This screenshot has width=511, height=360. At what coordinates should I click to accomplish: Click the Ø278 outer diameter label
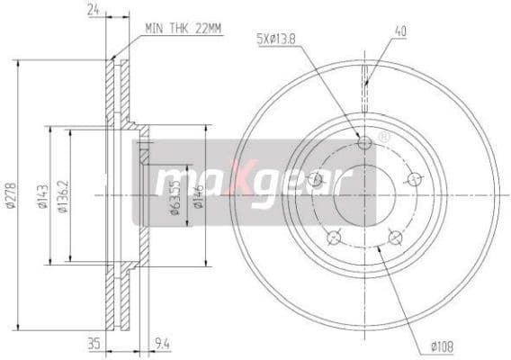[x=10, y=196]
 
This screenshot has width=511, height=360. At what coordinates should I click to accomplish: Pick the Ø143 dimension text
[x=41, y=196]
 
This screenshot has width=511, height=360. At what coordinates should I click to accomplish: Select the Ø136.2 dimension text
[x=62, y=196]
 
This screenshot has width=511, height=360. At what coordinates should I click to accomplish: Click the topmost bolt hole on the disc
[x=364, y=144]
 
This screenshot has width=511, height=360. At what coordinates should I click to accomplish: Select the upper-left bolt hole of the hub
[x=315, y=179]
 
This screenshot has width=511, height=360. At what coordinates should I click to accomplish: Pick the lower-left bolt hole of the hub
[x=334, y=238]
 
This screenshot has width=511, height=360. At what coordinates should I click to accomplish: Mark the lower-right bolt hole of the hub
[x=394, y=238]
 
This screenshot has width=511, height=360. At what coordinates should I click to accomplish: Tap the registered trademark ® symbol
[x=384, y=138]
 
